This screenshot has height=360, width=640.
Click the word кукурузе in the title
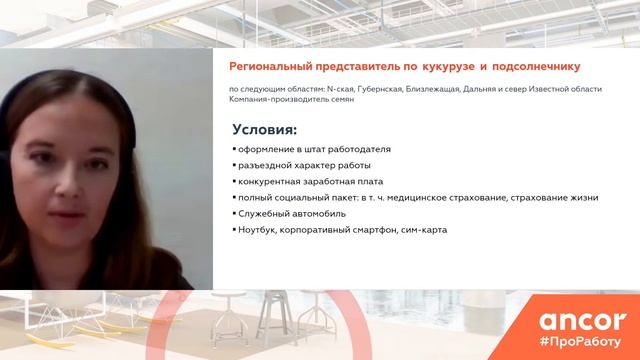tap(453, 67)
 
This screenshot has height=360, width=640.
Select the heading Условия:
tap(265, 129)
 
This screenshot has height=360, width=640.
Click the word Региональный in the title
tap(276, 67)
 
